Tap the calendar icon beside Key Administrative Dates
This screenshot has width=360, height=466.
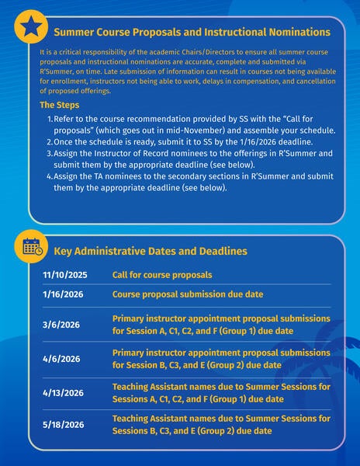click(31, 248)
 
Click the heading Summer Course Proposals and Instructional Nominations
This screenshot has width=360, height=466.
click(192, 32)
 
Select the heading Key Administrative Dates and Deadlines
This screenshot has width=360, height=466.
click(151, 251)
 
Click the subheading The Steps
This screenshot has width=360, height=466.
click(57, 105)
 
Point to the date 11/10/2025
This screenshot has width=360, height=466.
click(65, 275)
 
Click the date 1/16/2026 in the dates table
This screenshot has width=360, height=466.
click(63, 294)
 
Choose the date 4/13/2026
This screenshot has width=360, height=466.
click(63, 392)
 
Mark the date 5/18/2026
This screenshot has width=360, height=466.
click(63, 426)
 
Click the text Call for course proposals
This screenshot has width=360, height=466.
click(162, 275)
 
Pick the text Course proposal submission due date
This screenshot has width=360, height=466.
click(188, 294)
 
